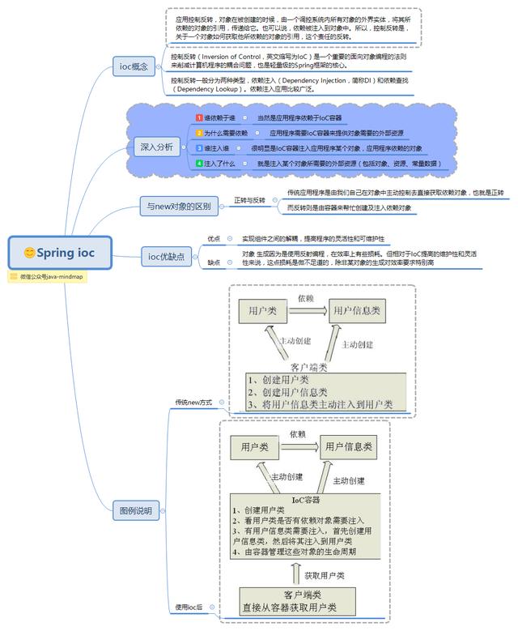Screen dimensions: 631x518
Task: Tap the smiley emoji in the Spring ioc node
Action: click(x=29, y=253)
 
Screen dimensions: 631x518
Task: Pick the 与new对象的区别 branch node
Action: click(x=177, y=207)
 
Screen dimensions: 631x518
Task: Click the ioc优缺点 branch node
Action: click(x=166, y=257)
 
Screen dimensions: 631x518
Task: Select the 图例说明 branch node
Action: click(x=136, y=511)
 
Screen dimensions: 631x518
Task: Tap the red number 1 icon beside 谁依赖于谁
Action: click(x=199, y=118)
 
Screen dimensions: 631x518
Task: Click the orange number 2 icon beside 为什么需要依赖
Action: click(x=199, y=133)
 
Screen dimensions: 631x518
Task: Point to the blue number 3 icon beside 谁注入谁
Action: click(x=199, y=148)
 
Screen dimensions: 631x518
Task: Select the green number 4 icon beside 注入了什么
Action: click(x=199, y=164)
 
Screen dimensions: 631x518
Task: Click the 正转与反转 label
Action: click(x=250, y=199)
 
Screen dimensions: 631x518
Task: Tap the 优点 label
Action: click(x=214, y=239)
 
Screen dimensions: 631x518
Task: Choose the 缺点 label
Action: click(x=214, y=262)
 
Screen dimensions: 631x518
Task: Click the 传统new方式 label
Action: click(x=193, y=402)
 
